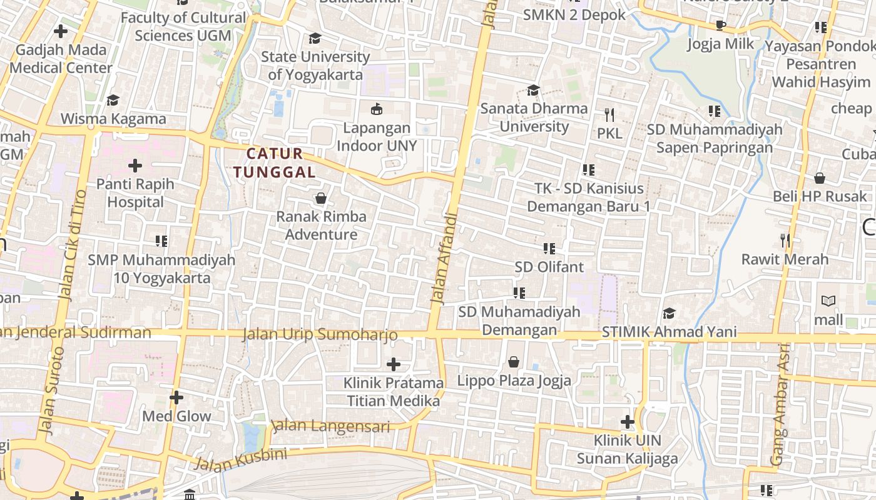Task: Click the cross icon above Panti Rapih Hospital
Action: (135, 166)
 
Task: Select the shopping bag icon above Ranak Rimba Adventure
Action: (321, 199)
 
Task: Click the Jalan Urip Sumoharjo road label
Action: (320, 335)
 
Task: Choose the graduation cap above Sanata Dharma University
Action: (533, 91)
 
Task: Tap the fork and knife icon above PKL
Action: (609, 114)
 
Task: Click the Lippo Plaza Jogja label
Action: (514, 380)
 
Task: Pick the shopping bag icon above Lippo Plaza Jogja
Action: (514, 362)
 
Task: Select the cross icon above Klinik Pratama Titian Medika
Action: (393, 364)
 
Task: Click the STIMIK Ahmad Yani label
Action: (669, 332)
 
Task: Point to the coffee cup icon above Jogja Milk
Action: (721, 26)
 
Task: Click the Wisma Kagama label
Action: (113, 119)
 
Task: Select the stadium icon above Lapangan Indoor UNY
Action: (377, 109)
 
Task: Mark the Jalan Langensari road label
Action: (331, 427)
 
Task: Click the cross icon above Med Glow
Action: (176, 397)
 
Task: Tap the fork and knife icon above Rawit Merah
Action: (785, 240)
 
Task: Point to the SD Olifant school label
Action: (549, 267)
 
